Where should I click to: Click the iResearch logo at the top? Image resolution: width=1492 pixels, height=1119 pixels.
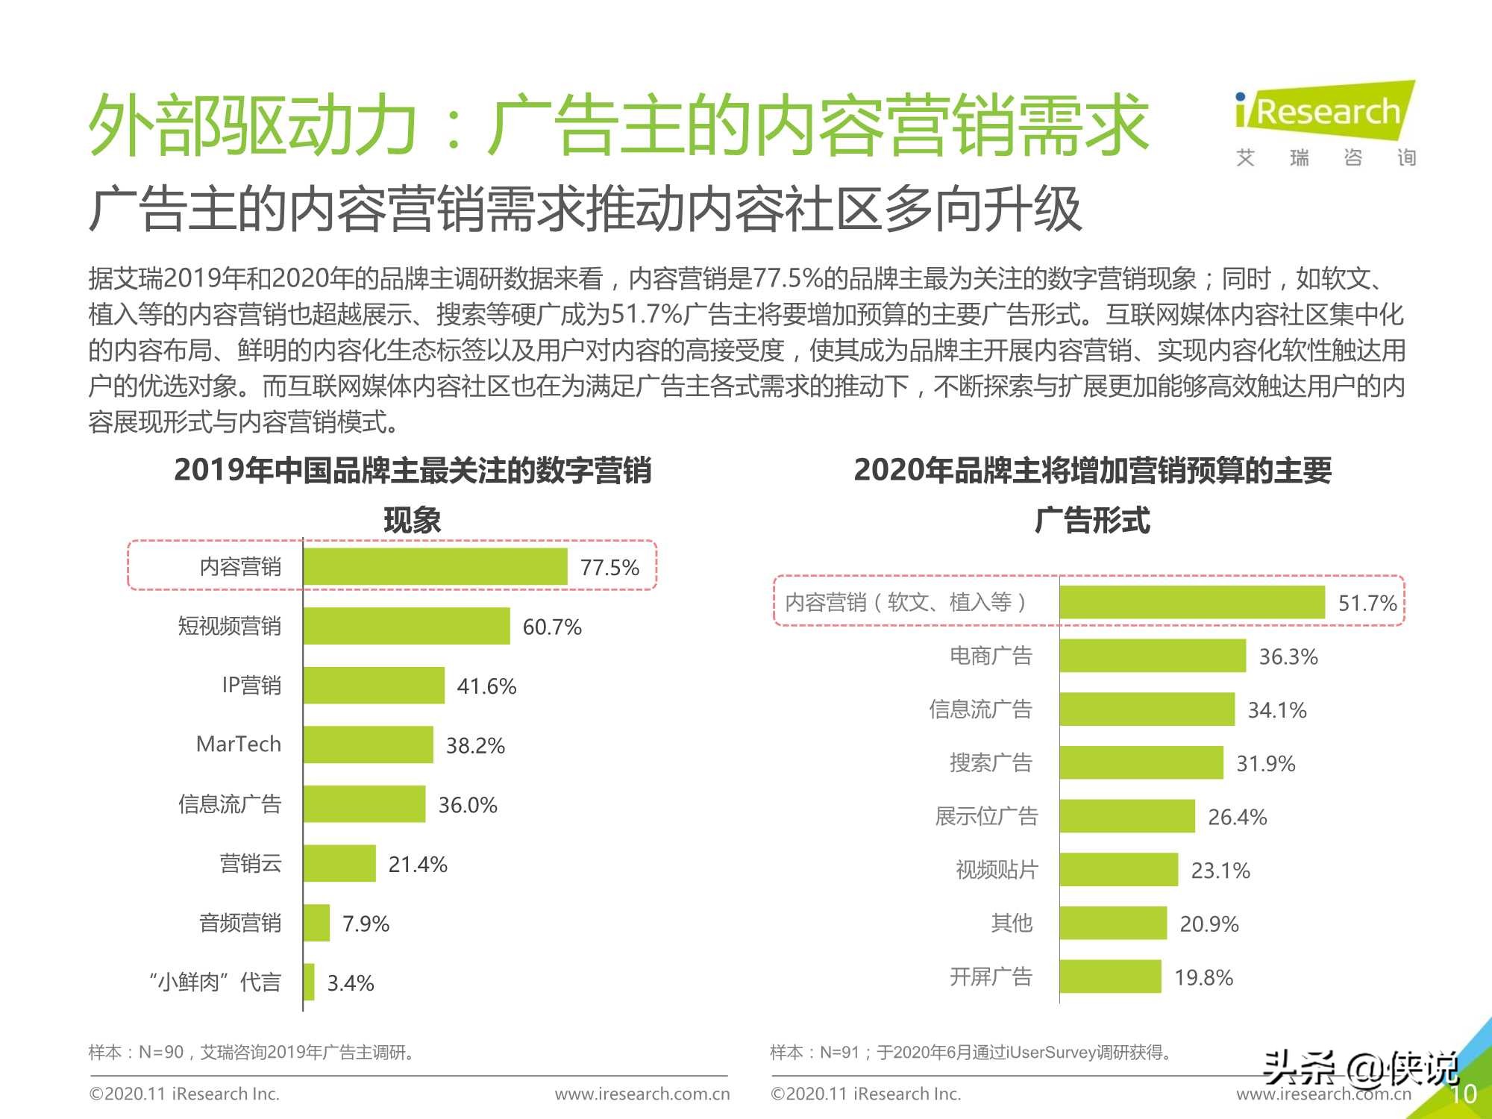click(1325, 112)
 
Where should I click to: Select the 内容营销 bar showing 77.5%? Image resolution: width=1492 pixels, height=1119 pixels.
click(435, 567)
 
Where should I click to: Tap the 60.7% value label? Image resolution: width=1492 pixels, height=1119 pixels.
click(551, 627)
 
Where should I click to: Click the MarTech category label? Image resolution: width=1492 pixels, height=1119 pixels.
click(239, 745)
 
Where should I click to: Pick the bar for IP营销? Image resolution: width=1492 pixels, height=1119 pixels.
click(374, 686)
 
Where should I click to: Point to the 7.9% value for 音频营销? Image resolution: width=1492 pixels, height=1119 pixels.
click(366, 924)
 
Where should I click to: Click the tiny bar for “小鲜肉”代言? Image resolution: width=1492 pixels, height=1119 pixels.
click(309, 982)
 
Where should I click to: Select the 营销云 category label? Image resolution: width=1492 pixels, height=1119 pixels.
click(251, 864)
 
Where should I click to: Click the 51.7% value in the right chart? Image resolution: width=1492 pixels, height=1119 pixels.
click(1367, 603)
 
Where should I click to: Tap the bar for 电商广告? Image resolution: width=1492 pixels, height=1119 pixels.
click(1153, 656)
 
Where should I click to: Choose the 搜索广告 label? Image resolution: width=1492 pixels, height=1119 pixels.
click(991, 762)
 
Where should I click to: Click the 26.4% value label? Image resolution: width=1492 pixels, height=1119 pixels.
click(1237, 817)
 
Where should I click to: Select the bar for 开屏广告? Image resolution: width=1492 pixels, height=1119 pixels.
click(1110, 977)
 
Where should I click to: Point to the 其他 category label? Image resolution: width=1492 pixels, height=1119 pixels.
click(1012, 924)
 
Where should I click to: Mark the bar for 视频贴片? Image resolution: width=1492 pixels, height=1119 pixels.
click(1118, 870)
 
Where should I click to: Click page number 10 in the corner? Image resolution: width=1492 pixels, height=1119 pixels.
click(1463, 1094)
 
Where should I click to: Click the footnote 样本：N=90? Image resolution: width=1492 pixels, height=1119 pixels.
click(251, 1053)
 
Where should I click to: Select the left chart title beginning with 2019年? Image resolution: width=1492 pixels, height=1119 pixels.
click(413, 471)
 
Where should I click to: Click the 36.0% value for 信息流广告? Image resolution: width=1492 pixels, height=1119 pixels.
click(467, 805)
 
